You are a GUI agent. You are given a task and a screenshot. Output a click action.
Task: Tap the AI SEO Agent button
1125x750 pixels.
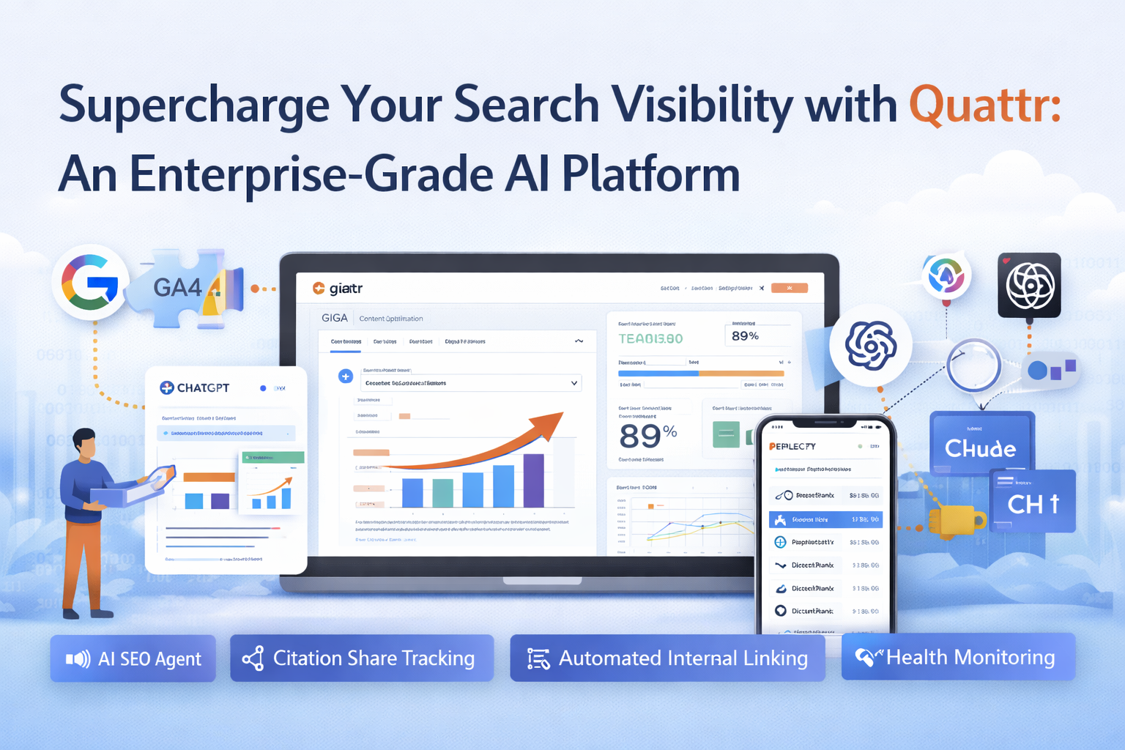pos(133,658)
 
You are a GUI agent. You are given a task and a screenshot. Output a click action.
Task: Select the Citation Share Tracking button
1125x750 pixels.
pos(362,658)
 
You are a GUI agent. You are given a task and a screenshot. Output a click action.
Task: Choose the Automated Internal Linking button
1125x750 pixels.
pos(667,658)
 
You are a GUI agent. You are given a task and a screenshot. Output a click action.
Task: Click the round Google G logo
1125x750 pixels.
pos(90,283)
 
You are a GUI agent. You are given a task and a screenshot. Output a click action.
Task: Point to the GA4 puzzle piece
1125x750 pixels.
pos(183,288)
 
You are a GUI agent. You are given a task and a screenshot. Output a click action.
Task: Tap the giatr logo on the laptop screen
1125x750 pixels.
pos(338,289)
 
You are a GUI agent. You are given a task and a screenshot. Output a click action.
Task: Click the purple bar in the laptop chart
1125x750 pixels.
pos(533,480)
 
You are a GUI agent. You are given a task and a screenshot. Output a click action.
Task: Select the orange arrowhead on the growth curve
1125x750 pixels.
pos(549,423)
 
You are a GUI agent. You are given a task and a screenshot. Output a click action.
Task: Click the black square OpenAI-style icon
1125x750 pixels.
pos(1029,285)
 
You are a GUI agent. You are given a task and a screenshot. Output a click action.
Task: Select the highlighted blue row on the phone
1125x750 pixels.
pos(825,520)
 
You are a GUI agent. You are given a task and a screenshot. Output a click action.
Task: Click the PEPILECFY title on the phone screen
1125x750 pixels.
pos(792,446)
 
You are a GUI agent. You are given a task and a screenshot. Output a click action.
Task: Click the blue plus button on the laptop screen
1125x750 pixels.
pos(346,376)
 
